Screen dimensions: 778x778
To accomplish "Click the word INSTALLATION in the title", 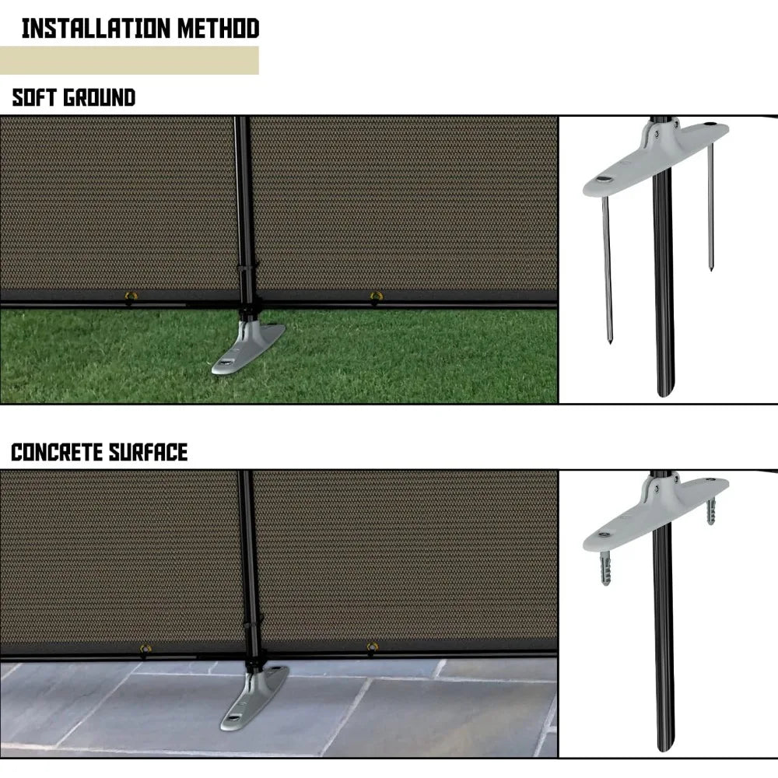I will [86, 29].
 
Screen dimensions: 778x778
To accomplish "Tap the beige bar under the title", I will [129, 61].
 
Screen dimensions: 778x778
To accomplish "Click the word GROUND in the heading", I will [99, 98].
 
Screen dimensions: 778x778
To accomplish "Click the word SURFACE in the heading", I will [153, 452].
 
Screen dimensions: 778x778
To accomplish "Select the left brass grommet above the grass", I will [129, 296].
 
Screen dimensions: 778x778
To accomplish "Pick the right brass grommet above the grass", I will [376, 296].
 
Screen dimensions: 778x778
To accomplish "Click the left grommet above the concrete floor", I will [145, 647].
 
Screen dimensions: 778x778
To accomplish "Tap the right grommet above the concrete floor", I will [373, 647].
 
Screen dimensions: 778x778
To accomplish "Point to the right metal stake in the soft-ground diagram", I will [710, 210].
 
